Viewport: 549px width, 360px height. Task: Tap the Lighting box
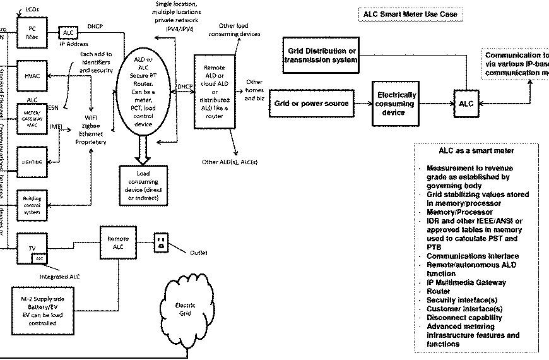[31, 162]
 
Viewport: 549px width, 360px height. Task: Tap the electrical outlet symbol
[160, 243]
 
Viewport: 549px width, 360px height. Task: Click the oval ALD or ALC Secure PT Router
[145, 100]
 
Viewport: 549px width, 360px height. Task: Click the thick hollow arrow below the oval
[145, 152]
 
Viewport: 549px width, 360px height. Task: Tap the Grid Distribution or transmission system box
[321, 55]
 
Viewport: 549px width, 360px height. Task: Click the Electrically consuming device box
[395, 103]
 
